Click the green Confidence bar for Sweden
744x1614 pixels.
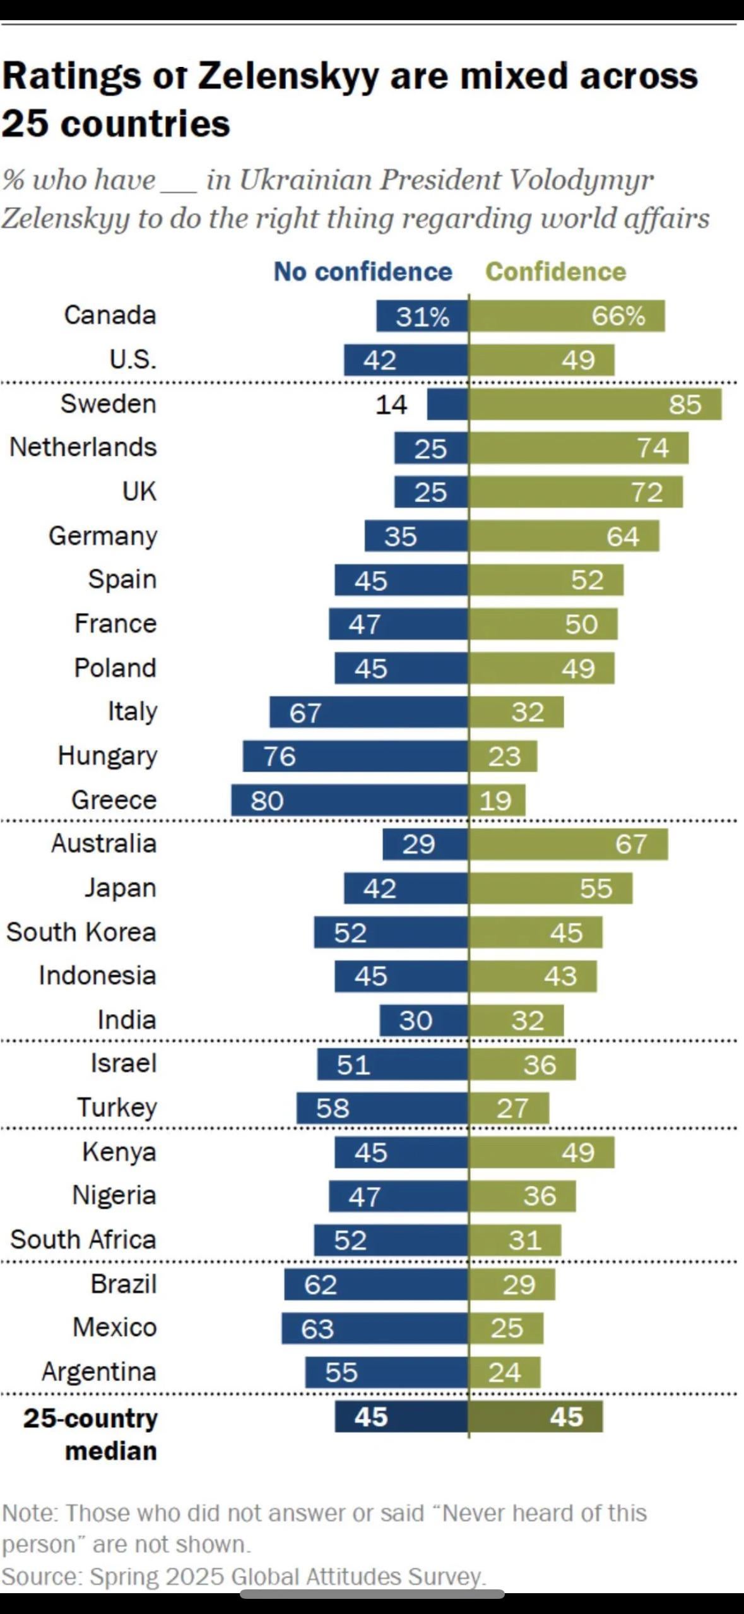pyautogui.click(x=595, y=404)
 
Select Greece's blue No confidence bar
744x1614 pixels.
pyautogui.click(x=350, y=800)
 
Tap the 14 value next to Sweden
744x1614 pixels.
pyautogui.click(x=391, y=404)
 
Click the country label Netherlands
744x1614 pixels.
pyautogui.click(x=83, y=447)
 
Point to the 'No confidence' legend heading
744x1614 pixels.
pyautogui.click(x=363, y=272)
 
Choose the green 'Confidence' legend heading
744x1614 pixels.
pyautogui.click(x=555, y=272)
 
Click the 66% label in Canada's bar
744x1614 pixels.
pyautogui.click(x=618, y=316)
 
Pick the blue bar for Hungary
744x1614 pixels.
pyautogui.click(x=355, y=756)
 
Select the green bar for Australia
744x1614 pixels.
pyautogui.click(x=568, y=844)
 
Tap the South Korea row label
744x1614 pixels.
pyautogui.click(x=81, y=932)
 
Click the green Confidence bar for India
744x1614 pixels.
pyautogui.click(x=516, y=1020)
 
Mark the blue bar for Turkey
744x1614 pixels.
pyautogui.click(x=382, y=1108)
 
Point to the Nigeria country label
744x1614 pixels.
pyautogui.click(x=114, y=1195)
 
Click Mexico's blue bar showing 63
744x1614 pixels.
pyautogui.click(x=375, y=1329)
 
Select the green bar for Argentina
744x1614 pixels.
pyautogui.click(x=505, y=1373)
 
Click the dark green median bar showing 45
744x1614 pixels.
pyautogui.click(x=536, y=1417)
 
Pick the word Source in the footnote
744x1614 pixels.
pyautogui.click(x=41, y=1576)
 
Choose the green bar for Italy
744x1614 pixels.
pyautogui.click(x=516, y=712)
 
